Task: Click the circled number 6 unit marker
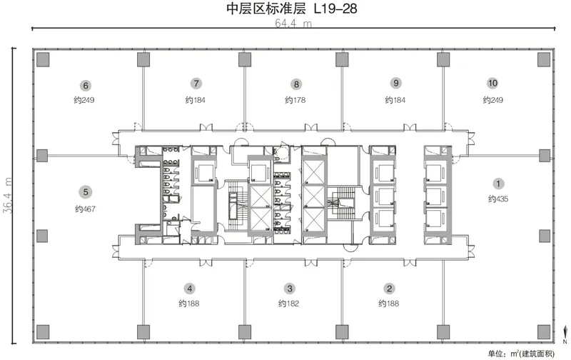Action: (x=86, y=86)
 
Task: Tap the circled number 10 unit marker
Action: (x=492, y=84)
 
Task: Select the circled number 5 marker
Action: (x=86, y=192)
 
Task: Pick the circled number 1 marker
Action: (x=498, y=184)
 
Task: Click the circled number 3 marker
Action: (x=290, y=289)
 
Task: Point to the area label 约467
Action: (x=85, y=209)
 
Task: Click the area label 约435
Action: (x=498, y=199)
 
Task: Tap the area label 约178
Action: (x=295, y=100)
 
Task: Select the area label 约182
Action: (x=288, y=303)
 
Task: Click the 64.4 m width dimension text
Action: (x=293, y=24)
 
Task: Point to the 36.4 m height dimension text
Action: (x=8, y=195)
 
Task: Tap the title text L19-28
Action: (x=335, y=9)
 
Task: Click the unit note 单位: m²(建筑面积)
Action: (x=521, y=354)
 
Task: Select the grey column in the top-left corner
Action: (x=43, y=59)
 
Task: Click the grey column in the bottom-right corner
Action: (x=544, y=332)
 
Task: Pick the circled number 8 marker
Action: (x=296, y=84)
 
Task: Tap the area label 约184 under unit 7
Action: (x=195, y=100)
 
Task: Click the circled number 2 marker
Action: (x=389, y=289)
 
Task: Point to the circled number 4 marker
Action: (x=190, y=289)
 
